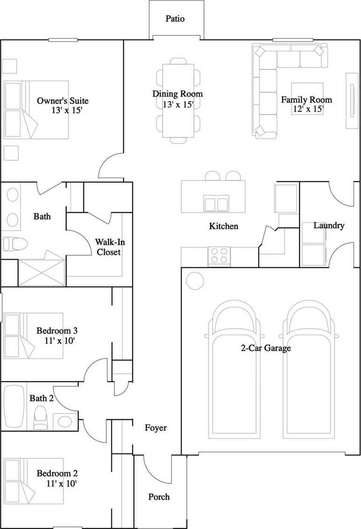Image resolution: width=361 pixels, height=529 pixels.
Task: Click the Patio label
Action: [175, 19]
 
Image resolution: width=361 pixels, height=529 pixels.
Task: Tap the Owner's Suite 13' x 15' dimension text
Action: [67, 110]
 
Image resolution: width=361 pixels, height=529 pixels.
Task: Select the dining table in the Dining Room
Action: [178, 101]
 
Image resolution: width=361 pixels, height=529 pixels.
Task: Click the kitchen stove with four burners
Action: [219, 255]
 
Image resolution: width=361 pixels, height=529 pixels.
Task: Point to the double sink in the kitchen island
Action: [216, 203]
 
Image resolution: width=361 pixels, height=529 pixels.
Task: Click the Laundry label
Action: [329, 225]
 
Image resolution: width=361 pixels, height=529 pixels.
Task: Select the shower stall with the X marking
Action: [41, 273]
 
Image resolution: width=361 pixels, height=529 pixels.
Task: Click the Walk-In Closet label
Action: [108, 247]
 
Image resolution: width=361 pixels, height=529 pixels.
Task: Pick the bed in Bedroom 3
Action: [34, 336]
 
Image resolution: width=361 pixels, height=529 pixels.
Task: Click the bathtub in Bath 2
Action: [14, 406]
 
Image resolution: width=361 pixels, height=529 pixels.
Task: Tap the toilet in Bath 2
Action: [41, 418]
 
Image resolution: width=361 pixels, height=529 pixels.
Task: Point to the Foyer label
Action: [156, 428]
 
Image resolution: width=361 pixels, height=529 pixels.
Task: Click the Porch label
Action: [159, 497]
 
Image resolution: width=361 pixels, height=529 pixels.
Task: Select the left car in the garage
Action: [234, 370]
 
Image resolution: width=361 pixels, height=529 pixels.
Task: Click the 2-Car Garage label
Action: [266, 348]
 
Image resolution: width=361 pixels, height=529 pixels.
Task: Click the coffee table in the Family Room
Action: [307, 98]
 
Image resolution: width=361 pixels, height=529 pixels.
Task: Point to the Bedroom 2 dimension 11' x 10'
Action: [61, 483]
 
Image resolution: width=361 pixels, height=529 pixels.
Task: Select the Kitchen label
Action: [224, 226]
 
